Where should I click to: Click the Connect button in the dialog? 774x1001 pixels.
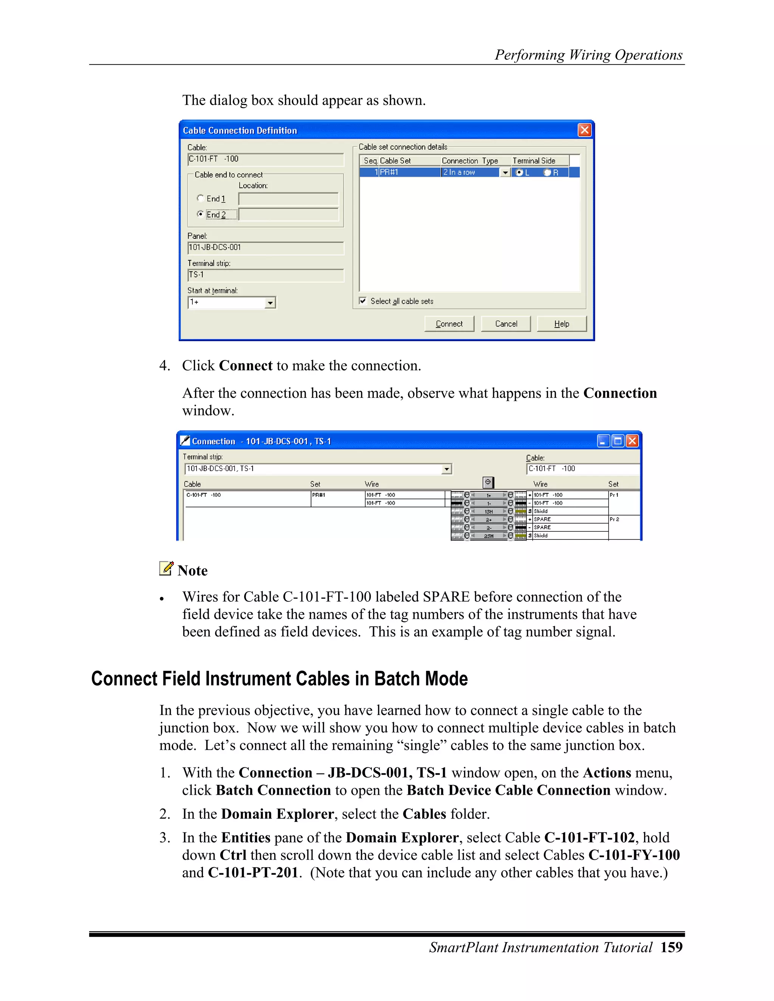449,324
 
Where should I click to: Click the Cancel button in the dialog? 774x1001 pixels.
506,324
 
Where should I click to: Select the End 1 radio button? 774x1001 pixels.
200,198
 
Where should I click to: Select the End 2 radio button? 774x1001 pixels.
200,214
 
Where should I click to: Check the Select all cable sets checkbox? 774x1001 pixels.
363,301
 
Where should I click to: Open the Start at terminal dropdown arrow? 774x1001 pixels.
271,303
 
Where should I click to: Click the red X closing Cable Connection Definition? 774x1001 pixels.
584,130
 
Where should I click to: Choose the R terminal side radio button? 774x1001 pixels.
547,172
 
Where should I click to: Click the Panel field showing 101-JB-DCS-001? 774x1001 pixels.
265,247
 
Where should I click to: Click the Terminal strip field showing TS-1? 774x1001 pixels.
265,275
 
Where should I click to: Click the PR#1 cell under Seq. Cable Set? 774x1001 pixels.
408,172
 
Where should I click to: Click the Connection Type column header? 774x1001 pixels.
470,161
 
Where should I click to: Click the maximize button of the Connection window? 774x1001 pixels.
618,441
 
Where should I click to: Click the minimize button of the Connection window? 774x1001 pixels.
604,441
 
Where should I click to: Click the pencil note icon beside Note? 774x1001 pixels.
166,568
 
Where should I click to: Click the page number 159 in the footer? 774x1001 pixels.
671,947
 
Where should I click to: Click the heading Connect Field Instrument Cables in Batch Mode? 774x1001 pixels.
279,679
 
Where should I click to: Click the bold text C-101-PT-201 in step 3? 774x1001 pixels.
253,872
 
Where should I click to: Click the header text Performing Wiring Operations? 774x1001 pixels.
588,55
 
